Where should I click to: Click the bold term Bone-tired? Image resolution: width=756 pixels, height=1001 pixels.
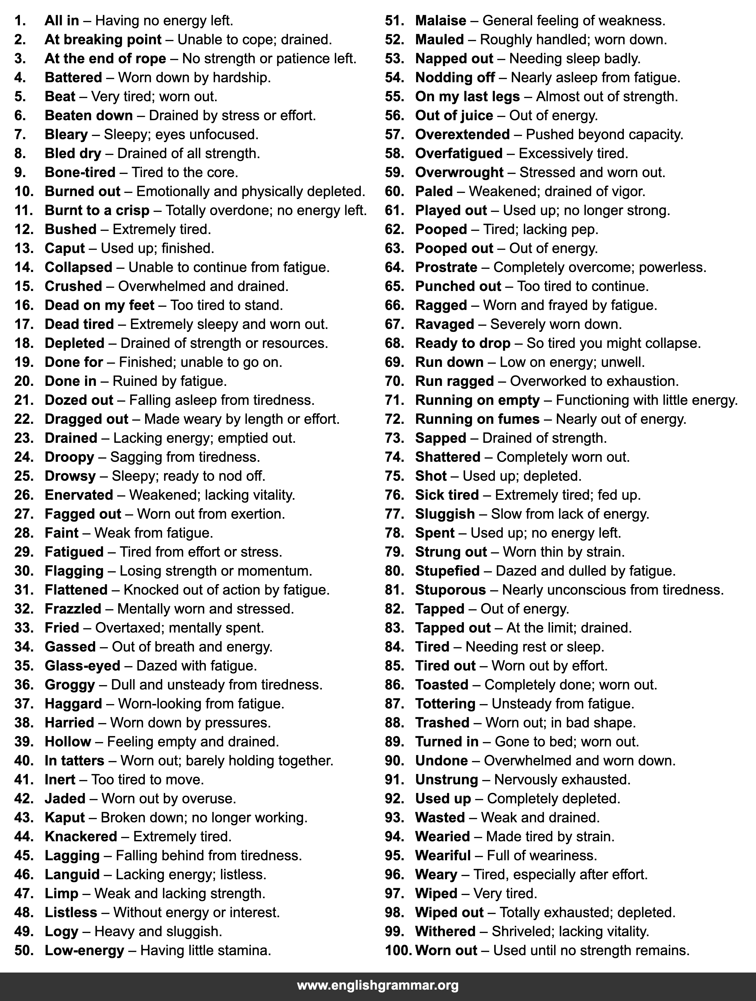pos(80,172)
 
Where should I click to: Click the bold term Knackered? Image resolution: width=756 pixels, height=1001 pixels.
pos(81,836)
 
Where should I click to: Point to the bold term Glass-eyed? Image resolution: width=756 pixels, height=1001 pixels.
pos(82,666)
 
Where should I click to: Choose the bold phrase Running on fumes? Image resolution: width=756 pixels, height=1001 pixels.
pos(477,419)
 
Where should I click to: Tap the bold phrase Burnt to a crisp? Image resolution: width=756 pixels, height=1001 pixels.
pos(97,210)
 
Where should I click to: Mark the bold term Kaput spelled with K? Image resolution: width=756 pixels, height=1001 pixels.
pos(65,817)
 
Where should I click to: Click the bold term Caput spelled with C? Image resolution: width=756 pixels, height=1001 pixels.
pos(65,249)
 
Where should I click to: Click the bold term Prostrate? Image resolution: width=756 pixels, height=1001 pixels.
pos(446,268)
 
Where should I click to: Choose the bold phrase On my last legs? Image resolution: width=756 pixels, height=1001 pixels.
pos(467,96)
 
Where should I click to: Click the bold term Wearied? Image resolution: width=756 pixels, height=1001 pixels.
pos(442,836)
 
